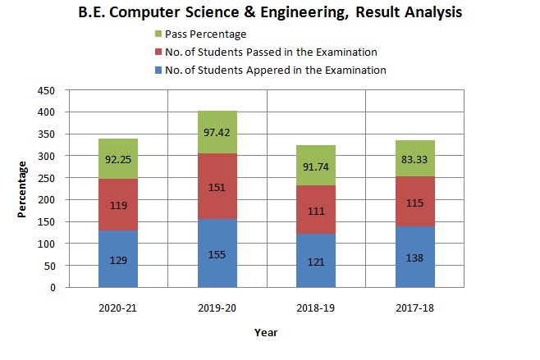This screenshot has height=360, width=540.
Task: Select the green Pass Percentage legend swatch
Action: click(x=158, y=34)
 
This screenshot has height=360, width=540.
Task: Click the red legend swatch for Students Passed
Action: click(x=158, y=52)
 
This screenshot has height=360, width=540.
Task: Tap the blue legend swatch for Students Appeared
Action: click(x=158, y=71)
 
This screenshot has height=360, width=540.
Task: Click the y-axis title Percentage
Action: click(x=24, y=189)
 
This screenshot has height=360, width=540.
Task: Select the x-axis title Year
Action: click(x=266, y=333)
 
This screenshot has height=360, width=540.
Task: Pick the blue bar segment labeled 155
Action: click(x=217, y=253)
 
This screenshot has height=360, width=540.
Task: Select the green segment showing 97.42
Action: click(x=217, y=131)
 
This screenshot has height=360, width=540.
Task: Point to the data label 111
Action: click(x=316, y=210)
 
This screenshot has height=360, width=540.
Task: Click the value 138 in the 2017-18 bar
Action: click(x=414, y=257)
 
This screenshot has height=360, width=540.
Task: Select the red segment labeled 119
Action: click(x=118, y=205)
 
